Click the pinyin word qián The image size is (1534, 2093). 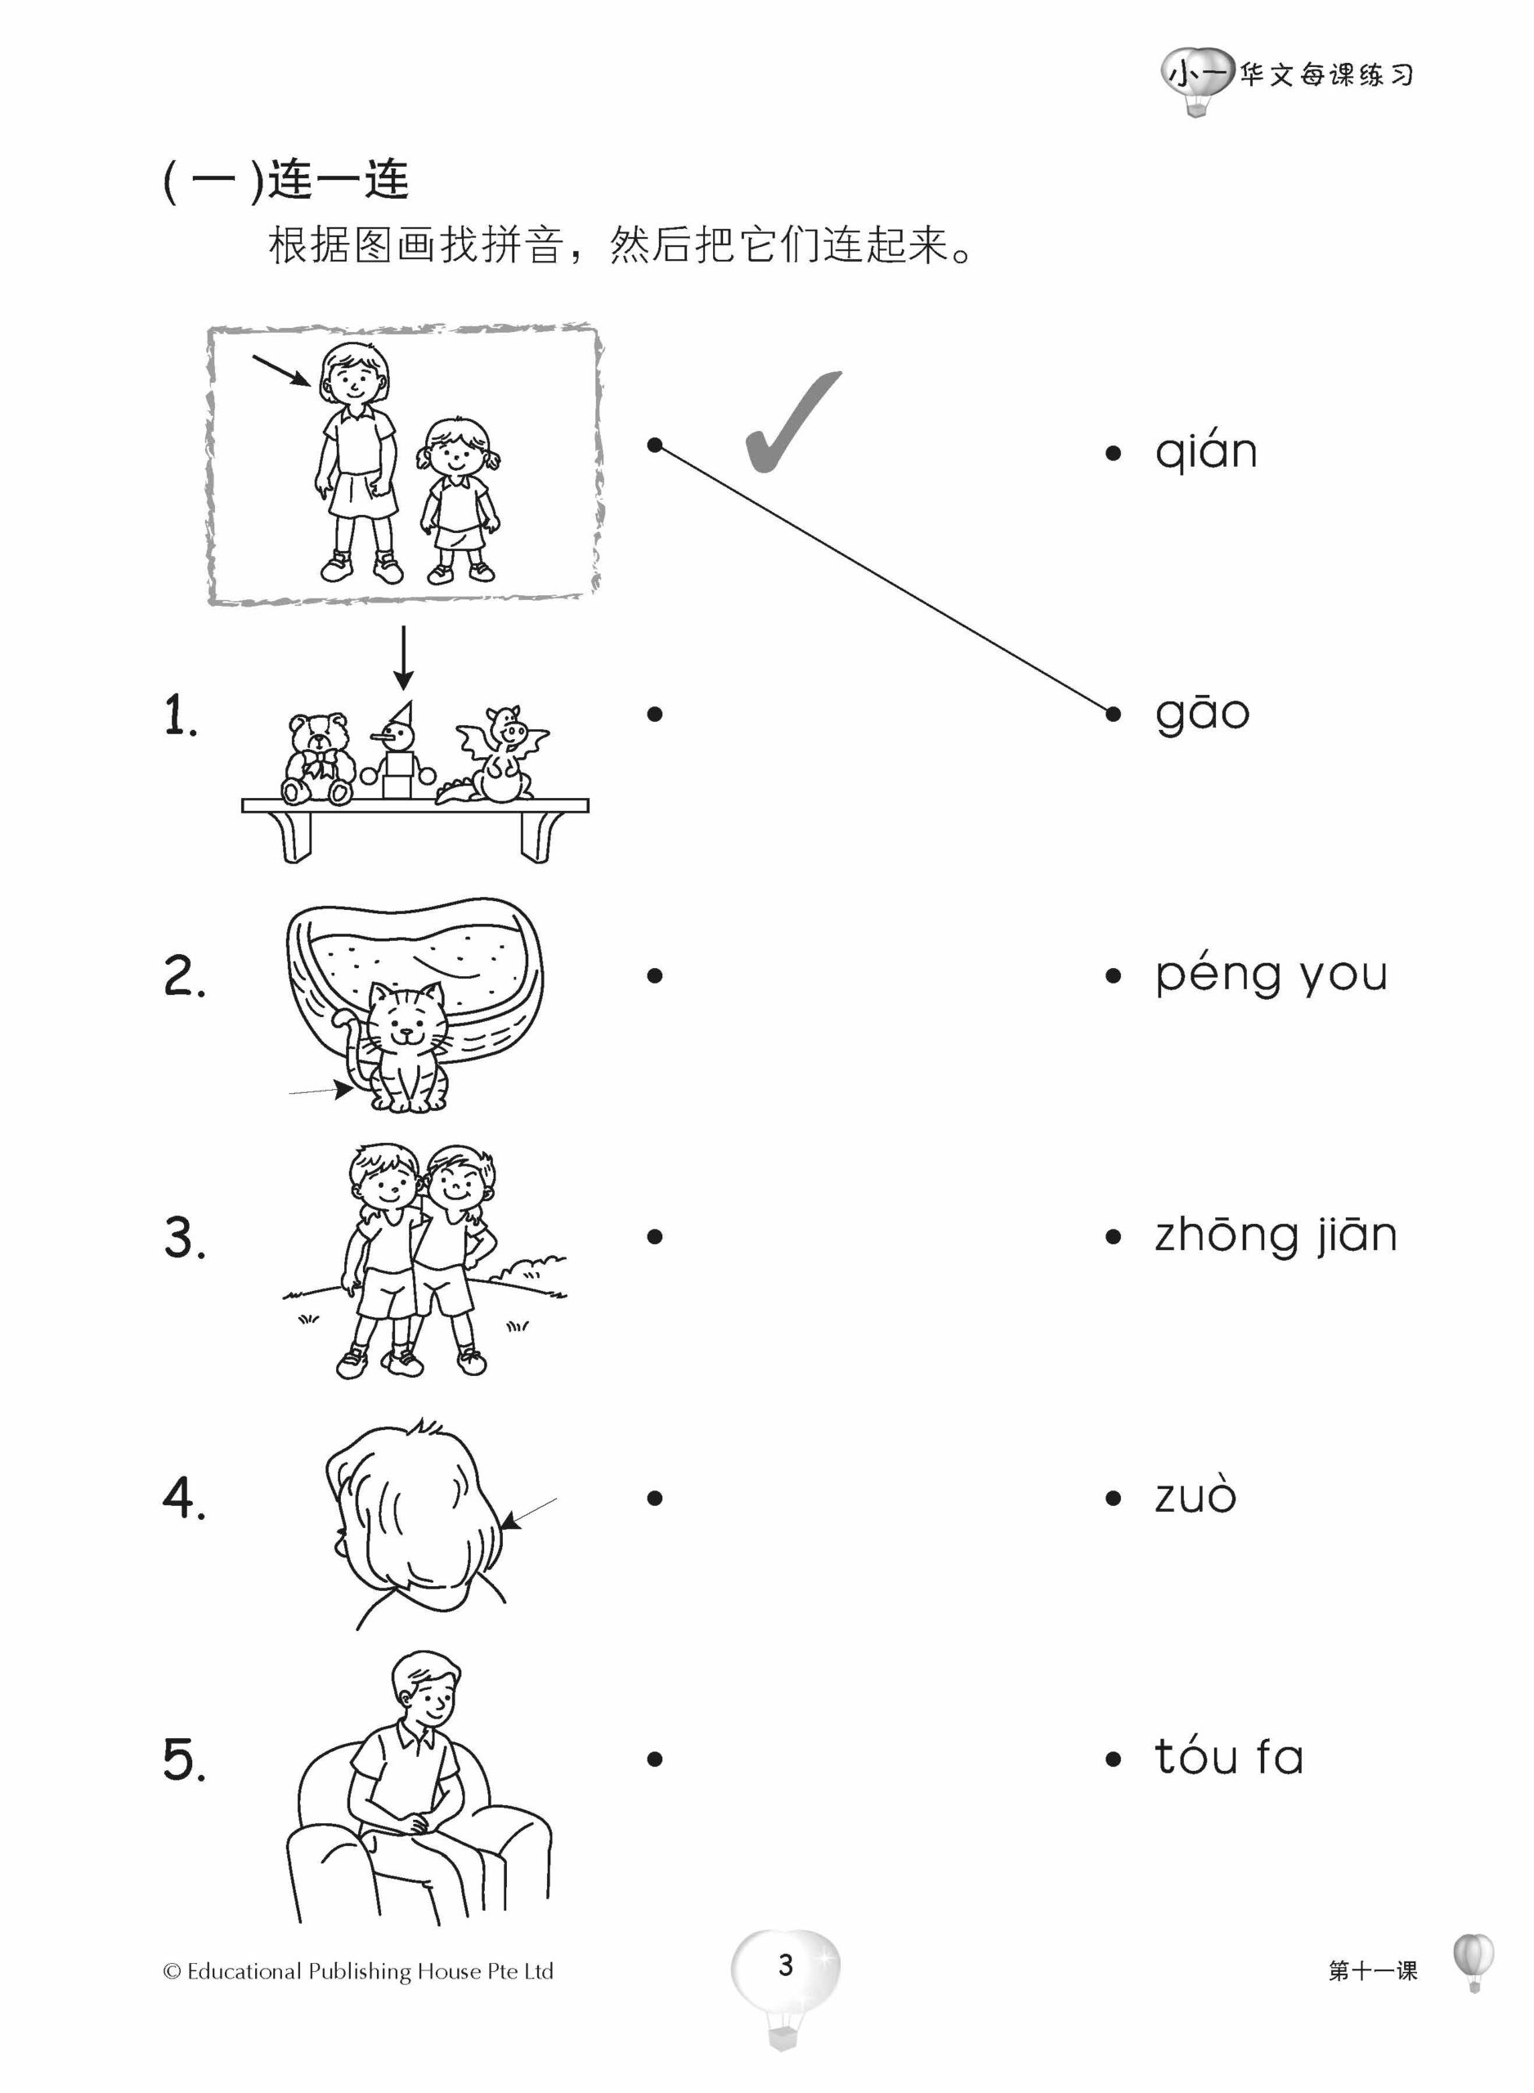click(x=1205, y=452)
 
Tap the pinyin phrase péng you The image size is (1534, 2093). click(x=1270, y=975)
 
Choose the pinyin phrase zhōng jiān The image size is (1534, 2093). click(x=1275, y=1236)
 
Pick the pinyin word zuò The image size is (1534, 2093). click(x=1195, y=1497)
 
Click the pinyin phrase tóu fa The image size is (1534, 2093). click(x=1228, y=1757)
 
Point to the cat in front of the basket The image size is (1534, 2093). click(x=406, y=1048)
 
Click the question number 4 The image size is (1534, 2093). click(x=183, y=1498)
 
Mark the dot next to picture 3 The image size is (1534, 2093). click(x=655, y=1236)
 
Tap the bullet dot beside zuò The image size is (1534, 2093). click(x=1114, y=1498)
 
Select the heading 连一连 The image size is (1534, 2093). click(x=339, y=180)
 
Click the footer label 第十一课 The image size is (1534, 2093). click(x=1372, y=1970)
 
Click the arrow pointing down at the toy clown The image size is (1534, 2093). click(x=403, y=659)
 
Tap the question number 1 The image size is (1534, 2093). click(x=180, y=715)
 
